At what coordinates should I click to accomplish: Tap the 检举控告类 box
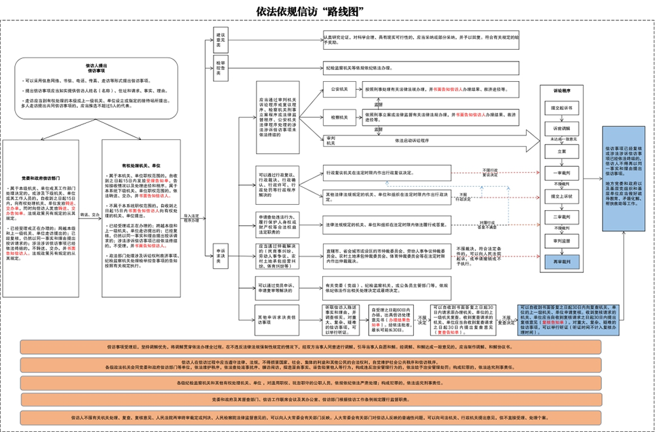221,67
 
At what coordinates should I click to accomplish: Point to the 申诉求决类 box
221,259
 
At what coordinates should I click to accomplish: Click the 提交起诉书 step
562,107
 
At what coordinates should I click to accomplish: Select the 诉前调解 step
562,128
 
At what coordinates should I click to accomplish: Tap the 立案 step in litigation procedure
562,151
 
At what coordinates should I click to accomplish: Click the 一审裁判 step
562,173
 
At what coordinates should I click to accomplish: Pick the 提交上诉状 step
562,195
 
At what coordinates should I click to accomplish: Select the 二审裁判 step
562,217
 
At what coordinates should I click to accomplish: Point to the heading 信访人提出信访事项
97,67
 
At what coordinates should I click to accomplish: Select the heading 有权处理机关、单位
141,166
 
